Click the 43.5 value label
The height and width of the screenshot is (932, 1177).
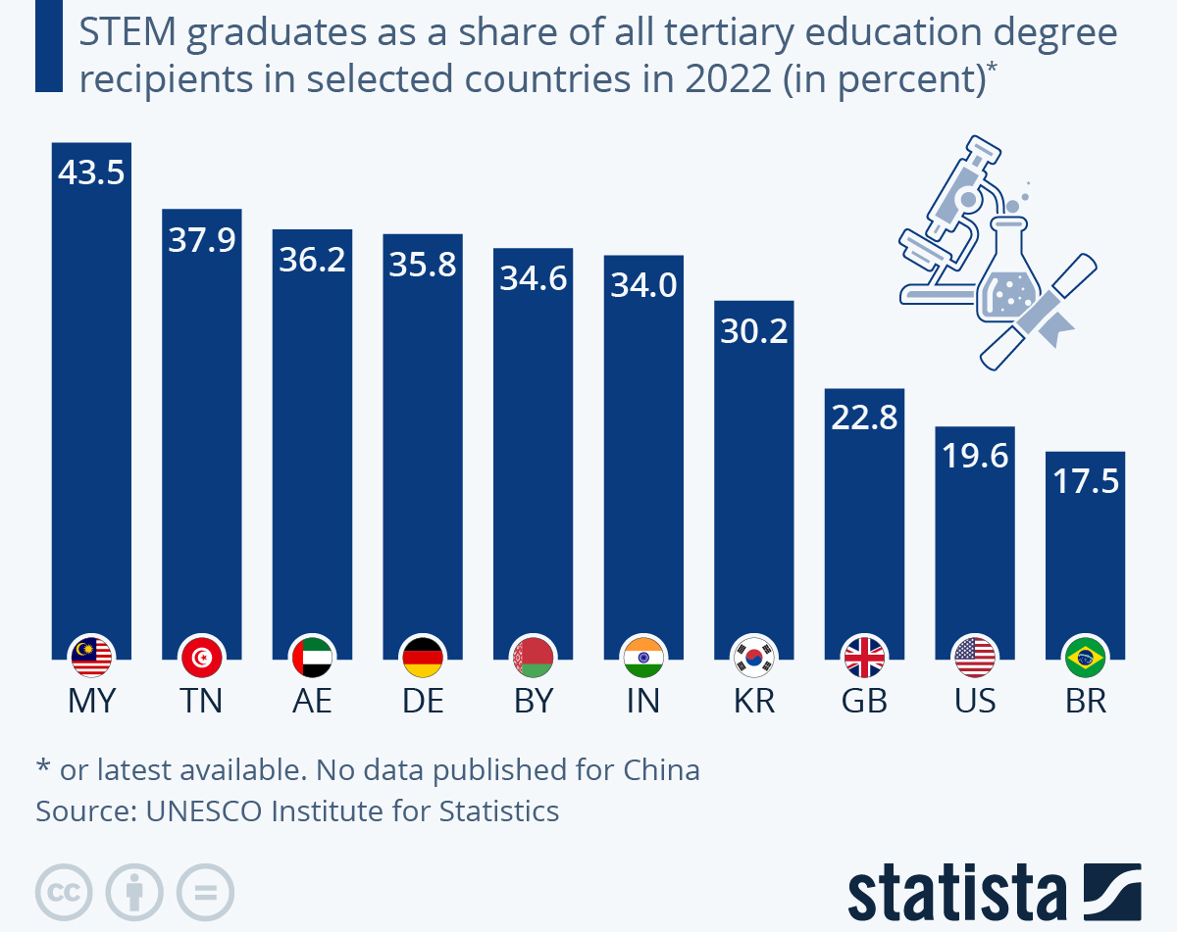91,173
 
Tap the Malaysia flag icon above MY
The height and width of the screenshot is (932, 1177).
92,657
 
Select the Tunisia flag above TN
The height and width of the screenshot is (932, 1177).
202,657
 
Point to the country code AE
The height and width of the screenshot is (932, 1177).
312,702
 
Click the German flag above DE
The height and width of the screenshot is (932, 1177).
423,657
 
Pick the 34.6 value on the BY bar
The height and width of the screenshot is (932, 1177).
534,278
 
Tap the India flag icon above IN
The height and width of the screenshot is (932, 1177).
643,657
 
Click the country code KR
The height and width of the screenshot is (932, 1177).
753,702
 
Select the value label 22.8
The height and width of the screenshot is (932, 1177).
864,418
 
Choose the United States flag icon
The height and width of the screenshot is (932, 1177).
975,657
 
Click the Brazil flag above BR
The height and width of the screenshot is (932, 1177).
1085,657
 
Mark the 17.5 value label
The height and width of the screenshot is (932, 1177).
1085,481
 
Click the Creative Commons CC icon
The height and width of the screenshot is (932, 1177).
64,893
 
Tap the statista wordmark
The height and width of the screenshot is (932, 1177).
956,893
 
